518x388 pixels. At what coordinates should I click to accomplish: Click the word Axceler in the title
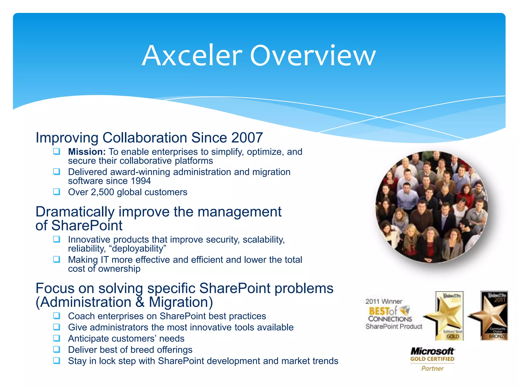(x=192, y=56)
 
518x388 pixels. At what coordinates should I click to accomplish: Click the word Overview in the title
(x=313, y=56)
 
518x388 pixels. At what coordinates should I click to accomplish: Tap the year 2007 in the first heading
(x=247, y=138)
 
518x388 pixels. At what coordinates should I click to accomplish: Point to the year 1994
(x=141, y=181)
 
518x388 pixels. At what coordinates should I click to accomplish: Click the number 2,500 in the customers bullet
(x=102, y=192)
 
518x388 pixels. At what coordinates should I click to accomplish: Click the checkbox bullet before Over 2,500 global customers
(x=57, y=192)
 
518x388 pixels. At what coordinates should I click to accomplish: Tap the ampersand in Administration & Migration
(x=140, y=302)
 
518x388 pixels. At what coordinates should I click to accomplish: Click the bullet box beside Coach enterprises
(x=57, y=316)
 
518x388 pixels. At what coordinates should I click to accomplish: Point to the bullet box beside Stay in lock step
(x=57, y=360)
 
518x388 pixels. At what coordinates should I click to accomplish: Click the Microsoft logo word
(x=432, y=351)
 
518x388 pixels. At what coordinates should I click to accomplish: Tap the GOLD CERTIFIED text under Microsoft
(x=432, y=359)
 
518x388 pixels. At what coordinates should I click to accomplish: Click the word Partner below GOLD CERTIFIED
(x=432, y=369)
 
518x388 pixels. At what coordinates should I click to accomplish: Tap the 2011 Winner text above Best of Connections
(x=383, y=301)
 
